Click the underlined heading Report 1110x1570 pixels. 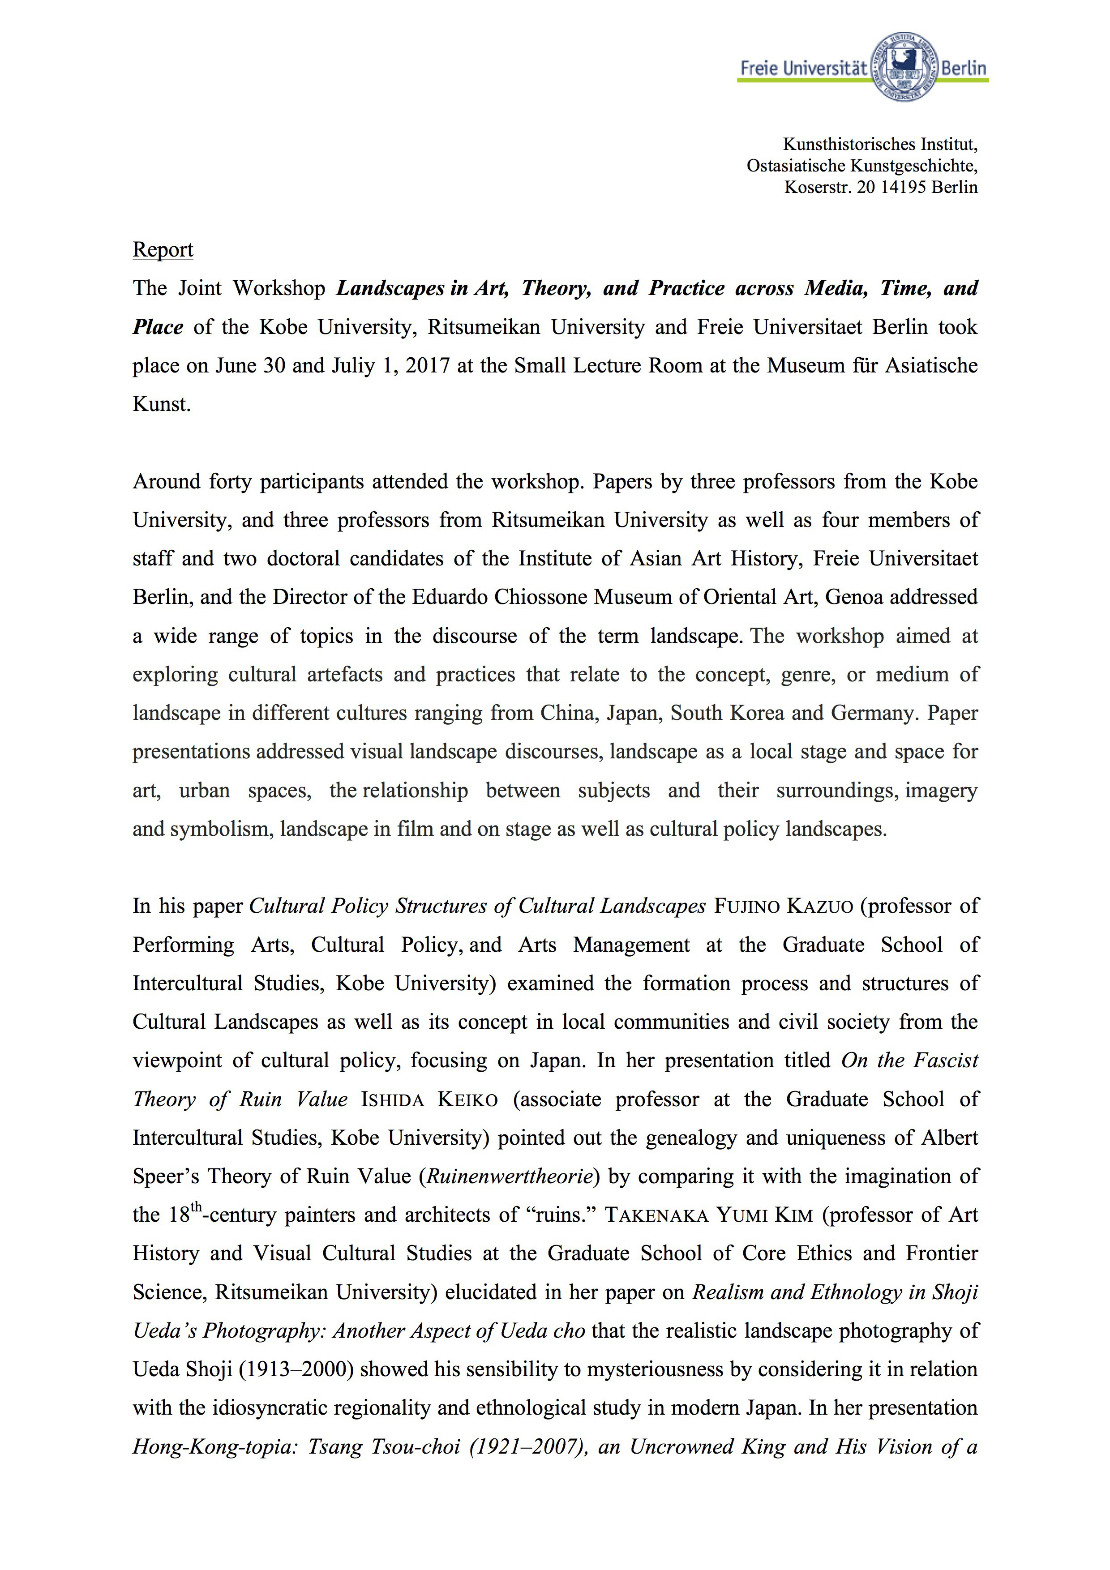(x=163, y=250)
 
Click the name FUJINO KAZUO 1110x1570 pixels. (x=784, y=907)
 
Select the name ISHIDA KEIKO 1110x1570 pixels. (x=429, y=1099)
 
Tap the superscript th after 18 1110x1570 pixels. (x=196, y=1207)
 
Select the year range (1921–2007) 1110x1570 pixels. (x=529, y=1447)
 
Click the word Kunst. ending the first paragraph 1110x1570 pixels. (x=161, y=405)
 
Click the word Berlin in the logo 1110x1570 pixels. (x=964, y=68)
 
